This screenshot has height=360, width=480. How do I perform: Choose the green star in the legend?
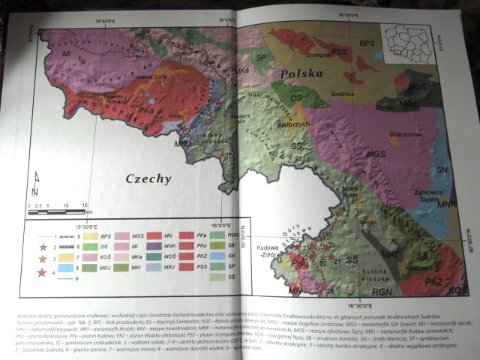43,246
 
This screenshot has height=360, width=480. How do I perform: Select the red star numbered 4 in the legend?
43,270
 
